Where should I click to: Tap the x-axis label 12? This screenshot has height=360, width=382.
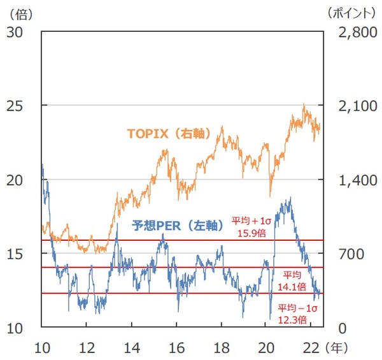click(87, 348)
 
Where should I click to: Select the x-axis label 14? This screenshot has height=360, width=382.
click(132, 348)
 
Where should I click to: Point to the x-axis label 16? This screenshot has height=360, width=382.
click(176, 348)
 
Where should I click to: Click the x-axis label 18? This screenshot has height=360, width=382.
click(222, 348)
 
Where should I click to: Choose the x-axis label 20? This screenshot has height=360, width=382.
click(267, 348)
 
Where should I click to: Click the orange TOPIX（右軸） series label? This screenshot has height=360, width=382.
click(169, 134)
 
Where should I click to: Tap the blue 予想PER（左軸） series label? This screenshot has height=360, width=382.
click(176, 225)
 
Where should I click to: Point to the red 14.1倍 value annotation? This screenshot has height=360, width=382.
click(292, 287)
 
